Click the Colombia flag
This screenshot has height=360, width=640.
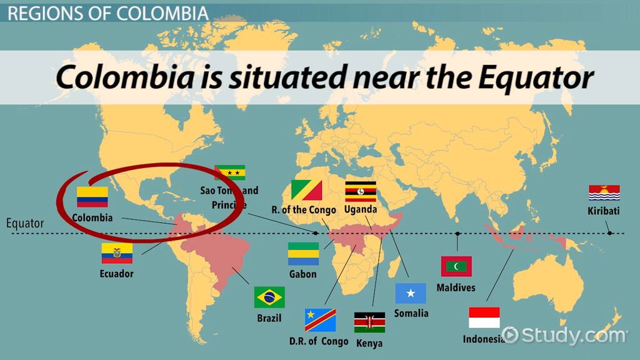click(92, 197)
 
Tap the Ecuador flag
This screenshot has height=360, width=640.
click(117, 253)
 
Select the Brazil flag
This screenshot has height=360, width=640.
click(269, 297)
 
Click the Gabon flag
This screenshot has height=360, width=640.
click(303, 254)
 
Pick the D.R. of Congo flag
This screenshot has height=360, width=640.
click(320, 320)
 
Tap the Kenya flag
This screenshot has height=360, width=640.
click(369, 322)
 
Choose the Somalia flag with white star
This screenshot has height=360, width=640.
click(411, 293)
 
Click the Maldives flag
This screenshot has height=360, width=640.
click(456, 266)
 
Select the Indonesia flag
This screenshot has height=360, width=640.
click(484, 317)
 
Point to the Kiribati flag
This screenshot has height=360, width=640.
click(604, 192)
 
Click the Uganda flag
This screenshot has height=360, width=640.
click(361, 191)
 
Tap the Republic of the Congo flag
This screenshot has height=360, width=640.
click(307, 190)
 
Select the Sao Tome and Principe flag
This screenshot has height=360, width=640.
click(229, 172)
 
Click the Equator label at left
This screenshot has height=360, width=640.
click(25, 223)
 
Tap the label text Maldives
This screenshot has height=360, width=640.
click(456, 287)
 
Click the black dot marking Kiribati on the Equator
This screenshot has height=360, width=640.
click(609, 233)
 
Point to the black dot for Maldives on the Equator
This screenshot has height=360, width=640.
click(457, 233)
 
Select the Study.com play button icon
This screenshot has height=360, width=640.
click(509, 335)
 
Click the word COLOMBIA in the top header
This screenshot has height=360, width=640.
click(169, 12)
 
